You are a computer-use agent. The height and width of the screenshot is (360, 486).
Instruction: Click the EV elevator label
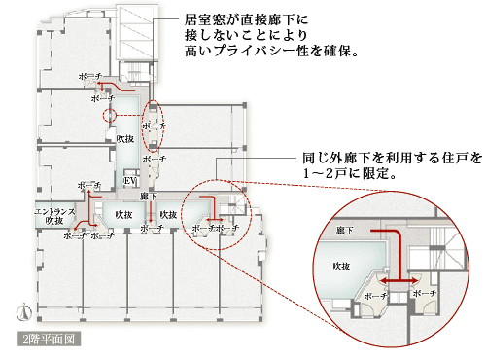(129, 182)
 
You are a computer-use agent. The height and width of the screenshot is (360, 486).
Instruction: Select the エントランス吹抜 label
(49, 216)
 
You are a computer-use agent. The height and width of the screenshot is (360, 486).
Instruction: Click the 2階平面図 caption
(48, 341)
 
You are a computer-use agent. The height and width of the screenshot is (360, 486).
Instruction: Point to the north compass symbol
(22, 312)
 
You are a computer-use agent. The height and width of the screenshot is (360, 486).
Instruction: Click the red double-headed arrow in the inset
(400, 279)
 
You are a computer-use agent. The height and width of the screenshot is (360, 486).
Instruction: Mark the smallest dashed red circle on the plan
(109, 115)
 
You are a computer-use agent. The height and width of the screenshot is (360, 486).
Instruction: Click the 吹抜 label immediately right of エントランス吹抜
(122, 214)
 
